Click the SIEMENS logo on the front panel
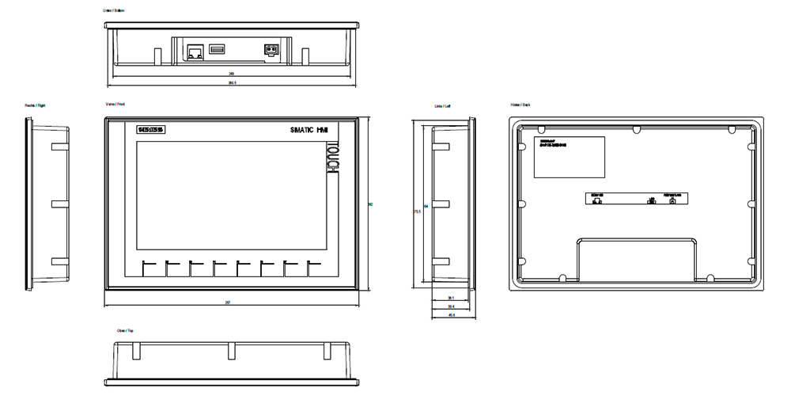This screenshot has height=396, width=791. (x=149, y=130)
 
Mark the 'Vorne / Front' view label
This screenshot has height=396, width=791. (x=115, y=105)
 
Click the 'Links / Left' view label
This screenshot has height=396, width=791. (x=442, y=105)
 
